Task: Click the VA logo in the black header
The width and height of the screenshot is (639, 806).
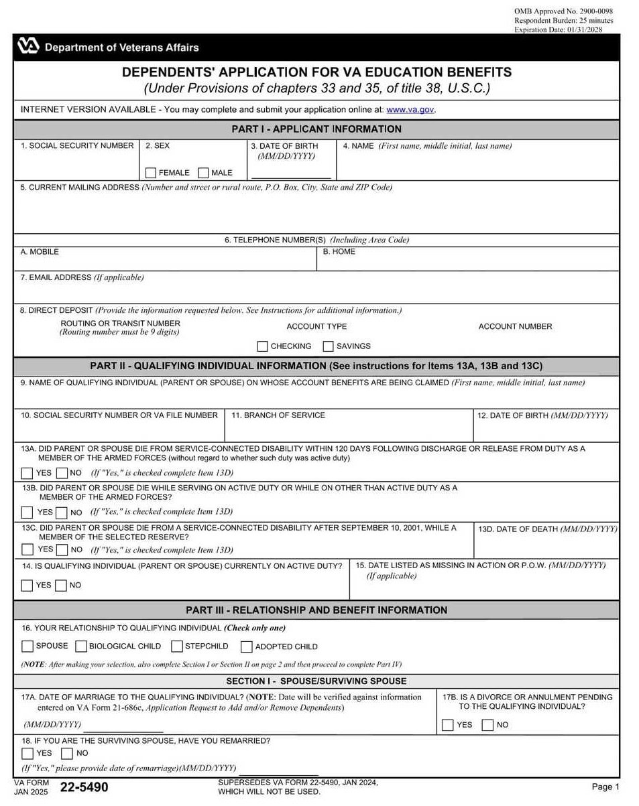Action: pos(29,47)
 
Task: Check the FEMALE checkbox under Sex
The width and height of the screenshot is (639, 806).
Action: pos(151,173)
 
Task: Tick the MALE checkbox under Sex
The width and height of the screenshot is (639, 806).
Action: pos(204,173)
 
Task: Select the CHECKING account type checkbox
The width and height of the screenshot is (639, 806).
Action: pos(263,346)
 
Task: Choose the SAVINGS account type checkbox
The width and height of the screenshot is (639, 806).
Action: pos(329,346)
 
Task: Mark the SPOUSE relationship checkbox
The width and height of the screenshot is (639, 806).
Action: pos(27,647)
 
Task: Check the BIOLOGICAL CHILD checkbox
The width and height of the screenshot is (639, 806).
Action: pos(81,647)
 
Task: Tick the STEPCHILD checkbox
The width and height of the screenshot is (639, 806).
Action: pos(177,647)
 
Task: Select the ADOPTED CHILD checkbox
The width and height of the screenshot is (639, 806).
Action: pos(247,647)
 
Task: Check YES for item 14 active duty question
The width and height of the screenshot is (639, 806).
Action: pos(27,586)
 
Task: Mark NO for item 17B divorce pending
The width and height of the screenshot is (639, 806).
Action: pos(488,725)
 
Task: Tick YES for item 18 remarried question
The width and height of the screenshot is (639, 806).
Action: pos(27,753)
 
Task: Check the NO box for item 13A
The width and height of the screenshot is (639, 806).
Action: pos(61,474)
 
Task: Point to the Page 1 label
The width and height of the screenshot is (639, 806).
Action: pos(605,787)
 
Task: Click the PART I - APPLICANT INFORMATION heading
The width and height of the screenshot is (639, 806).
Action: pos(316,129)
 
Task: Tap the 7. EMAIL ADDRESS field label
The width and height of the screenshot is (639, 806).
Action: pos(82,277)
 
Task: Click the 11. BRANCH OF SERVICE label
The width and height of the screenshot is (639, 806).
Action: pos(278,415)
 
